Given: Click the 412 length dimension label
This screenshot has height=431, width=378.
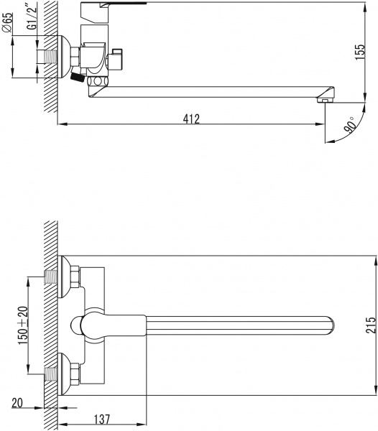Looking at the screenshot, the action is click(x=191, y=119).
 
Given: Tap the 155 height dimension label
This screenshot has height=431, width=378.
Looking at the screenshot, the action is click(x=360, y=52).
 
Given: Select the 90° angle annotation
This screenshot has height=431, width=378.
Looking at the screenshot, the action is click(x=350, y=125).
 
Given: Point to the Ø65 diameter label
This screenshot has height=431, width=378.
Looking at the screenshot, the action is click(x=7, y=22).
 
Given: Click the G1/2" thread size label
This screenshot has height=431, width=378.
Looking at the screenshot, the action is click(x=32, y=18).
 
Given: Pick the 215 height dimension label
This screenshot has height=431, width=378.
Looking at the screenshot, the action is click(x=370, y=325).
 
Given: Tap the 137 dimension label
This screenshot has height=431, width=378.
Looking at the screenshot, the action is click(x=102, y=420).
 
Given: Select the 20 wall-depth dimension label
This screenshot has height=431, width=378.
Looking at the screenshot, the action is click(x=17, y=403).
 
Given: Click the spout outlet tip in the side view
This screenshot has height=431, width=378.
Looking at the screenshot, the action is click(x=325, y=101).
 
